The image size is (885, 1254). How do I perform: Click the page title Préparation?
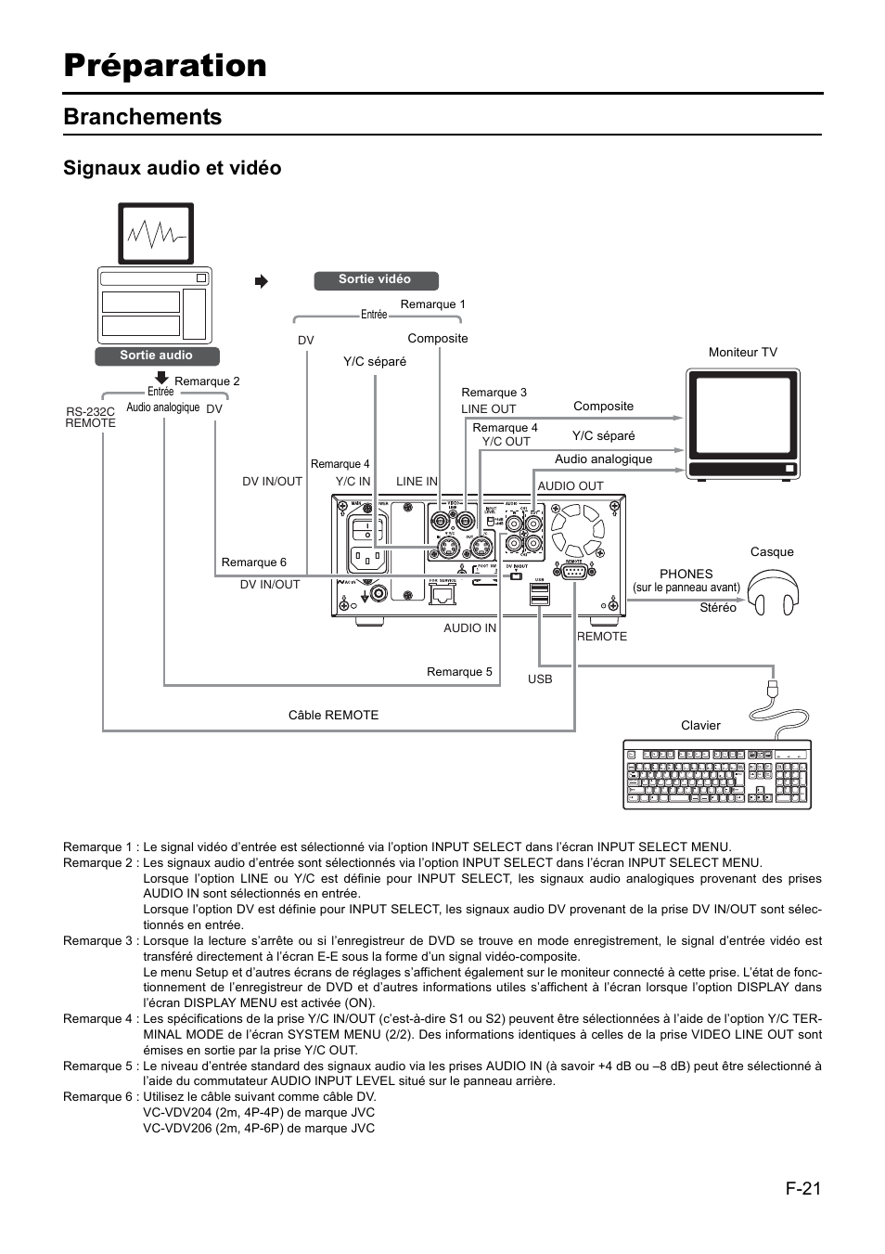tap(165, 65)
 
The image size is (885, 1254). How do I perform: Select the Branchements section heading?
tap(143, 117)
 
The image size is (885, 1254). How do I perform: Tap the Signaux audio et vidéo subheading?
tap(172, 168)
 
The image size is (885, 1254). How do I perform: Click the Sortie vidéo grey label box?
tap(375, 279)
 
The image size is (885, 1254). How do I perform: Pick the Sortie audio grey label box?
tap(156, 356)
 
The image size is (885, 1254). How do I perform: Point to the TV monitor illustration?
tap(742, 423)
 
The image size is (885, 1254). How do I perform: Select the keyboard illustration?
tap(717, 774)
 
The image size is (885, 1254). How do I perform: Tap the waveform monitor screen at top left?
tap(156, 233)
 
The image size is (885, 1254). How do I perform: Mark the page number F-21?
tap(802, 1187)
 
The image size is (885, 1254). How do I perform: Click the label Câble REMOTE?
tap(333, 716)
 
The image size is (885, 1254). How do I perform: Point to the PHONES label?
tap(686, 575)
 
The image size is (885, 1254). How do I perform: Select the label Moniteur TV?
tap(742, 353)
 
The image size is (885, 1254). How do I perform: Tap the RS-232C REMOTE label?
tap(90, 417)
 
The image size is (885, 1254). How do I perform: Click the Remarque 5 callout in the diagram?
tap(459, 672)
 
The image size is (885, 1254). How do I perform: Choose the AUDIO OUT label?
tap(571, 486)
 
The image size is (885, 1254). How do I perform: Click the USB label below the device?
tap(540, 679)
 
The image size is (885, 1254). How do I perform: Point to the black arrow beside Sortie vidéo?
tap(262, 281)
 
